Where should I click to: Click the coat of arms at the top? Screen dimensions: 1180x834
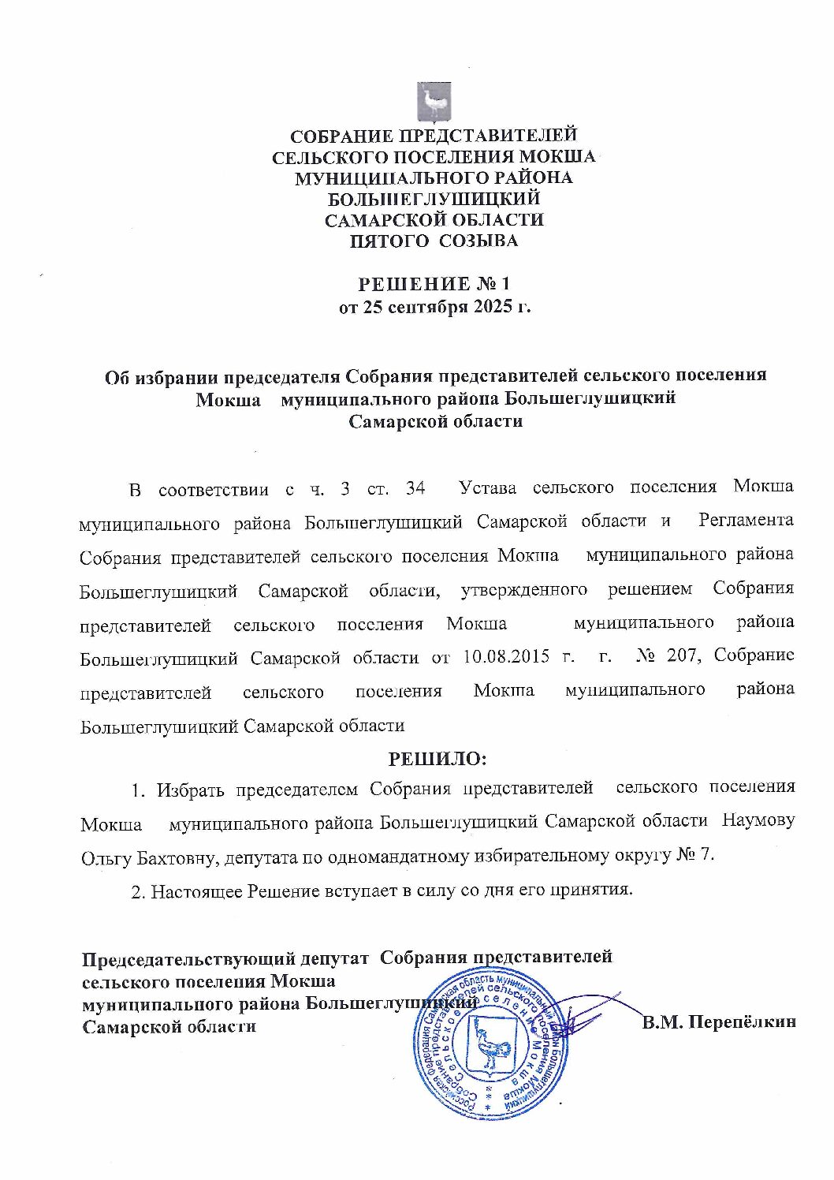point(434,102)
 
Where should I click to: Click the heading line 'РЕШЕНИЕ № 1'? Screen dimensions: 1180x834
point(434,283)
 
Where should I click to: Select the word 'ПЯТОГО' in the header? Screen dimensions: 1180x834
point(381,241)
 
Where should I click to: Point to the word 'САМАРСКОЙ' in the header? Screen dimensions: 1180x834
point(382,220)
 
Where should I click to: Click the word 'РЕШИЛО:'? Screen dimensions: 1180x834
point(437,759)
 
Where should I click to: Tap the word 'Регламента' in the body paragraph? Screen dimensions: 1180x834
point(746,521)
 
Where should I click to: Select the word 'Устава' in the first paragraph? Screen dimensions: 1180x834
point(487,487)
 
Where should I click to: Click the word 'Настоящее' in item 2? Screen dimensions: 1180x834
point(197,891)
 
